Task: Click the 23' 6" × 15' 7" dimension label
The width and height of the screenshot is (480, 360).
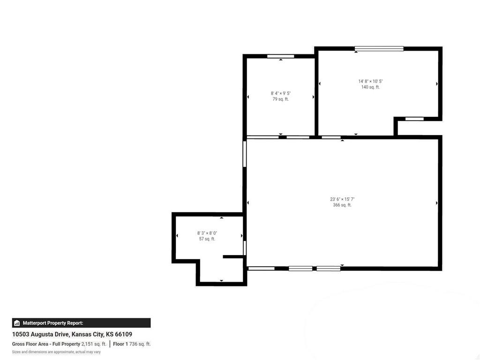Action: tap(342, 199)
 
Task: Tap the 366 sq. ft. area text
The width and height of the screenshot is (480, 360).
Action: tap(342, 205)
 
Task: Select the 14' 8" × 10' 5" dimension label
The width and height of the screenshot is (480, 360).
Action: tap(370, 82)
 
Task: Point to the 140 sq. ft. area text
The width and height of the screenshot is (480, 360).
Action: tap(370, 87)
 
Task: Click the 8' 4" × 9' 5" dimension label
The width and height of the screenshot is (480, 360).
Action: tap(281, 93)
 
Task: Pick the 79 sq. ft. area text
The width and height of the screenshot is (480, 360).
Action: tap(281, 99)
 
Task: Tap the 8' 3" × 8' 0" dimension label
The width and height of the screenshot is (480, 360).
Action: tap(207, 233)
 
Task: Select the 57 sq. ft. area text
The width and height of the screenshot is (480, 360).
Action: tap(207, 239)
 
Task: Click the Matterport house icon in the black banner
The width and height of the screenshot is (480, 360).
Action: tap(17, 323)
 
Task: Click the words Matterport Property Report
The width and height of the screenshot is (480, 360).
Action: tap(53, 323)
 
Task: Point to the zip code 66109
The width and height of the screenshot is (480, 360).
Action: tap(123, 334)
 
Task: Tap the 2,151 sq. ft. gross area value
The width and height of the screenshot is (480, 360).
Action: tap(94, 344)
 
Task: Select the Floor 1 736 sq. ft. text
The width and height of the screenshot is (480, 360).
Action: tap(132, 344)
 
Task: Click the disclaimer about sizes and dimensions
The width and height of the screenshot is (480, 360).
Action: tap(56, 352)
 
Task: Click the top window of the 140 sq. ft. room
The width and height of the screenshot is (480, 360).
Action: tap(379, 48)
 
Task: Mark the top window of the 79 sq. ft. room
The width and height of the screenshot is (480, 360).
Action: tap(280, 56)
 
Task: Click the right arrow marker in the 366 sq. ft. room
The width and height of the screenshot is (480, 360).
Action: tap(437, 203)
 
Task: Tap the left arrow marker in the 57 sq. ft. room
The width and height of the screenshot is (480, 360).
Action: tap(177, 235)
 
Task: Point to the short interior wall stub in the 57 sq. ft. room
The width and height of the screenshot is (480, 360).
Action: tap(233, 256)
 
